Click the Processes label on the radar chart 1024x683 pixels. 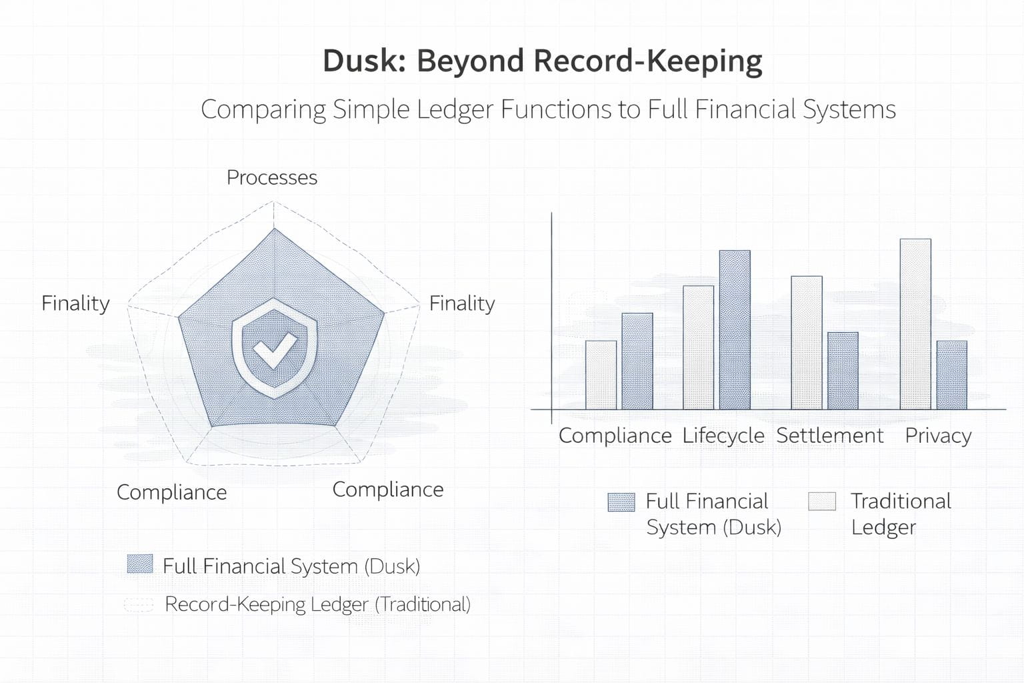coord(272,177)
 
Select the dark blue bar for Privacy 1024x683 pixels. coord(951,375)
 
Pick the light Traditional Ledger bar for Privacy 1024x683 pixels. coord(915,324)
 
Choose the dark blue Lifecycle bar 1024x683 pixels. coord(735,330)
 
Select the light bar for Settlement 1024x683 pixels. coord(807,343)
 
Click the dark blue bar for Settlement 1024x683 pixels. coord(843,371)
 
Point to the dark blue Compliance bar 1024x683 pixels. coord(637,362)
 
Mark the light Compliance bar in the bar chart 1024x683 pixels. coord(601,375)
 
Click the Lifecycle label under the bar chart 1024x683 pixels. coord(723,436)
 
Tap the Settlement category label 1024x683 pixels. coord(830,436)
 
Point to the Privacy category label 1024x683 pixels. coord(938,436)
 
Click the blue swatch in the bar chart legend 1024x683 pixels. coord(621,502)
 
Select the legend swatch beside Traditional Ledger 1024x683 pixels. coord(822,501)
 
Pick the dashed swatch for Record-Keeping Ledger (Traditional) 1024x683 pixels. coord(139,604)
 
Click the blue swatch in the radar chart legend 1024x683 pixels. coord(140,564)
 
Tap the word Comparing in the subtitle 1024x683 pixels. coord(263,109)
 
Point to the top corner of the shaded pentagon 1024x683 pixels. coord(274,230)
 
